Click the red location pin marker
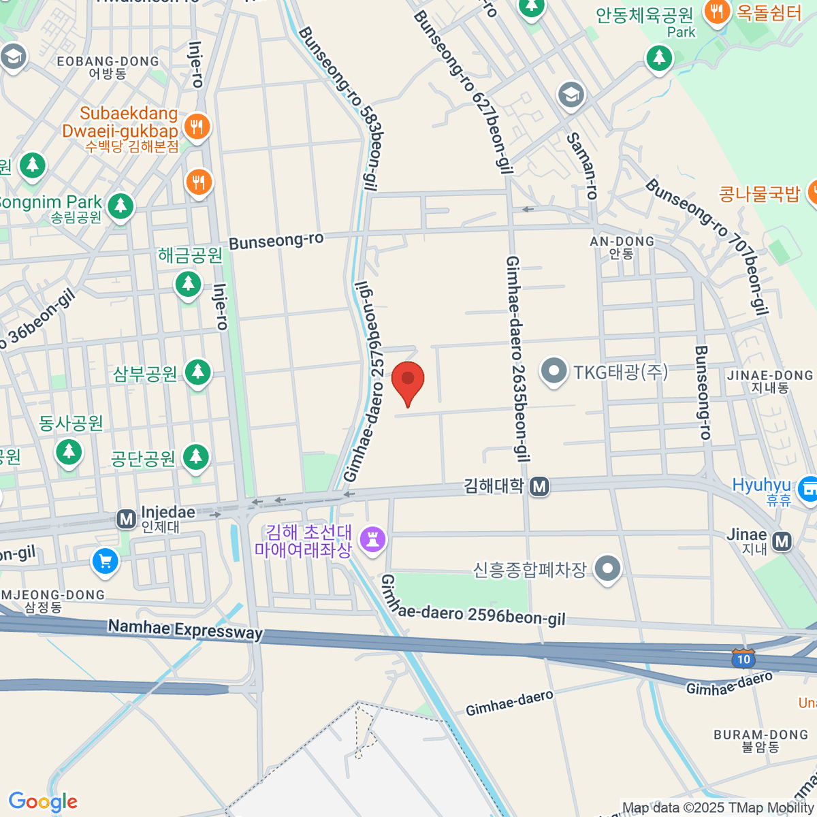tap(408, 381)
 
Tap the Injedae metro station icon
tap(126, 519)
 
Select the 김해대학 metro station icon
tap(540, 486)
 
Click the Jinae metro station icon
tap(782, 541)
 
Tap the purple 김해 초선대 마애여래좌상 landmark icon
tap(372, 540)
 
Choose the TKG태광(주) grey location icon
tap(554, 372)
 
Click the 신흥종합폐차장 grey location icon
tap(607, 568)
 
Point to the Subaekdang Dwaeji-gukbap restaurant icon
tap(197, 127)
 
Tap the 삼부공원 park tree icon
tap(197, 372)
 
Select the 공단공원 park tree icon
tap(196, 456)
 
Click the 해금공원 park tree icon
tap(188, 283)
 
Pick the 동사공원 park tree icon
tap(68, 452)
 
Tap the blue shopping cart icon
tap(105, 562)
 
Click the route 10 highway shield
tap(743, 658)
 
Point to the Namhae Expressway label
tap(185, 629)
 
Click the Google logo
tap(43, 801)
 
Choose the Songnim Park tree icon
tap(121, 205)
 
